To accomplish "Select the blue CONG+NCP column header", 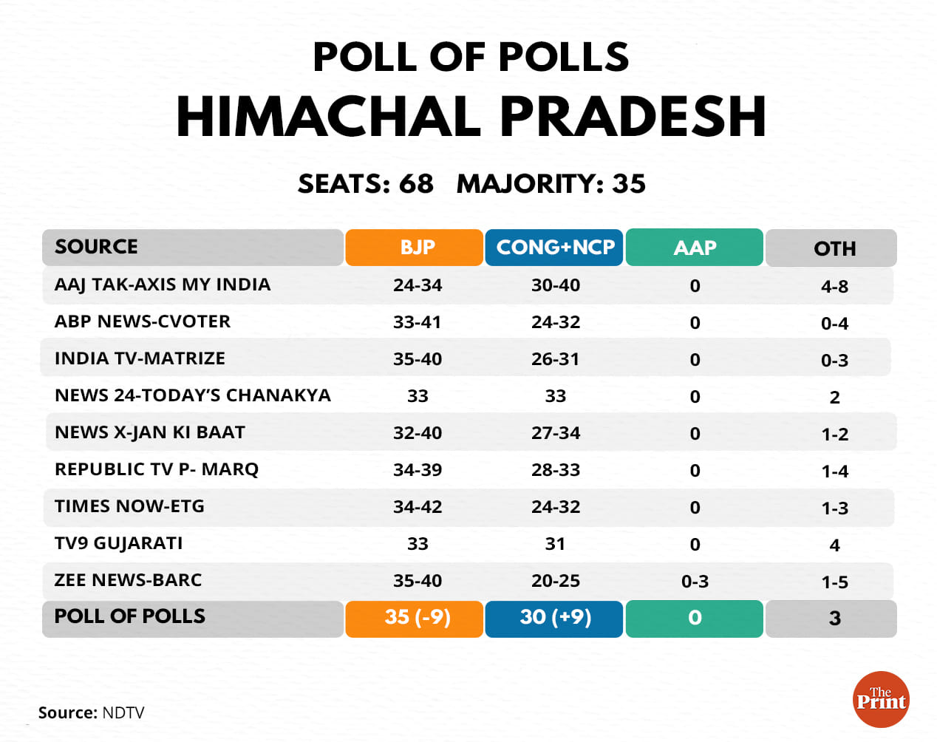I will pyautogui.click(x=554, y=248).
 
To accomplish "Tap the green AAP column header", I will pyautogui.click(x=694, y=248).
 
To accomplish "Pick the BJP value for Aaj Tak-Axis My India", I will pyautogui.click(x=418, y=285).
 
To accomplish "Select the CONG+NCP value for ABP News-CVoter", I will pyautogui.click(x=556, y=322).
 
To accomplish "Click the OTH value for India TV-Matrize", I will pyautogui.click(x=834, y=360).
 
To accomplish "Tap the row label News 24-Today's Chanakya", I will pyautogui.click(x=192, y=395).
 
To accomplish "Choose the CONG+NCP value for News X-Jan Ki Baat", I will pyautogui.click(x=556, y=433).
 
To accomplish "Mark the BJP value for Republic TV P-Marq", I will pyautogui.click(x=418, y=470).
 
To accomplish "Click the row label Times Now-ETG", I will pyautogui.click(x=129, y=506).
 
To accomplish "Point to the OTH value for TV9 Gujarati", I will pyautogui.click(x=834, y=545).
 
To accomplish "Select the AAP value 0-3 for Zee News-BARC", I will pyautogui.click(x=695, y=582).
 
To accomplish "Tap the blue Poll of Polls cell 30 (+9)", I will pyautogui.click(x=554, y=618).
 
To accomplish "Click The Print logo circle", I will pyautogui.click(x=881, y=699).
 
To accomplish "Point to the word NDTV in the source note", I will pyautogui.click(x=123, y=713).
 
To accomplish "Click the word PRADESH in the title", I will pyautogui.click(x=633, y=118).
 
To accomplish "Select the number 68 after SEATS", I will pyautogui.click(x=416, y=184).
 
